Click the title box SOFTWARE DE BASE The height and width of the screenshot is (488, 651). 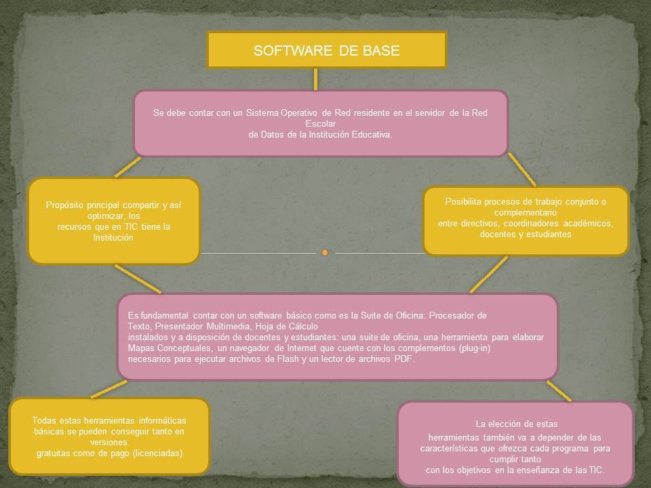click(326, 50)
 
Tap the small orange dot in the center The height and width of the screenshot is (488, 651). click(325, 253)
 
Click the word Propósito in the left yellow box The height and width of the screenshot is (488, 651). click(68, 205)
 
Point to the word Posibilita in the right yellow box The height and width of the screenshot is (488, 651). click(467, 201)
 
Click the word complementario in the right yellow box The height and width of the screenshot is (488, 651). click(526, 212)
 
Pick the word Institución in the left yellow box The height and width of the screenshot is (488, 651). click(113, 238)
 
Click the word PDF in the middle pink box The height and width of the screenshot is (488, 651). click(403, 359)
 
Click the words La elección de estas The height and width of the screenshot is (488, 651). click(516, 424)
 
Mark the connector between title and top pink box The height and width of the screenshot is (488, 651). click(315, 79)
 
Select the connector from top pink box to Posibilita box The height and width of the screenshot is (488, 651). click(521, 169)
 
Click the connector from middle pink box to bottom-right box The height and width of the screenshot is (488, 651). click(558, 390)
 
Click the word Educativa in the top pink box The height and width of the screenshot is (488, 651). click(370, 134)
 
